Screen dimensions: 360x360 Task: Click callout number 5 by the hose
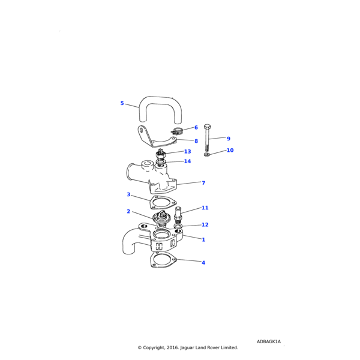[x=122, y=103]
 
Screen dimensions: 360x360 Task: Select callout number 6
[x=196, y=127]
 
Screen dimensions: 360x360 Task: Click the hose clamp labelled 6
[x=176, y=131]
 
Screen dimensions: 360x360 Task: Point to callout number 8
[x=196, y=141]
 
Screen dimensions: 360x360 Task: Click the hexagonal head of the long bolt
[x=207, y=127]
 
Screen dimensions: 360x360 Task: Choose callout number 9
[x=229, y=139]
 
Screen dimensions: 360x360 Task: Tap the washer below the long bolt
[x=206, y=154]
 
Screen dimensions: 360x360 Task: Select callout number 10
[x=230, y=150]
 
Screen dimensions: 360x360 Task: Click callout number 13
[x=188, y=152]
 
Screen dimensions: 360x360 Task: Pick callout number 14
[x=187, y=161]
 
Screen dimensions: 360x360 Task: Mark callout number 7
[x=203, y=183]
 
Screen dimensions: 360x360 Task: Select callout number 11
[x=205, y=208]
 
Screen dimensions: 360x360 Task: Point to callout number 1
[x=203, y=239]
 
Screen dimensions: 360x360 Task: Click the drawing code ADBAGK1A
[x=269, y=341]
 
